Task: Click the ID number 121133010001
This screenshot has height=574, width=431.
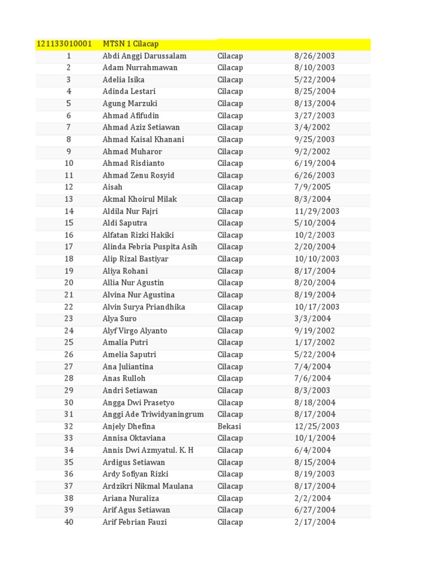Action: [x=64, y=44]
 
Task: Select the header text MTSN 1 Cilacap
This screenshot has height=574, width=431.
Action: [x=131, y=44]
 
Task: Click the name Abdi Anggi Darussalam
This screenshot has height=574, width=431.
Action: [x=144, y=56]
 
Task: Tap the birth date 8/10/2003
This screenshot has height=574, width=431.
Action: [x=314, y=68]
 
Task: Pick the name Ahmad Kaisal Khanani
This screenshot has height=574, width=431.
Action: [x=143, y=140]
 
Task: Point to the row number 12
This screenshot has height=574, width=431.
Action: [x=69, y=187]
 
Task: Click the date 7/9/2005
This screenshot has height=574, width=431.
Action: [x=312, y=187]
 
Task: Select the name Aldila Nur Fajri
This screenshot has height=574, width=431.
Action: [x=130, y=211]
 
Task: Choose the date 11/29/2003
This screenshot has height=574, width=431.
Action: [x=317, y=211]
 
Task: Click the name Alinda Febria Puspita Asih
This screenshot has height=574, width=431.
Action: [x=150, y=247]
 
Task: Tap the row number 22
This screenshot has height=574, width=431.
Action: [x=69, y=307]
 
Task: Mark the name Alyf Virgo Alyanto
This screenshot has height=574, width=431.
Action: [x=135, y=331]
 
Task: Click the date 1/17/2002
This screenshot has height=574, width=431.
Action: [x=314, y=342]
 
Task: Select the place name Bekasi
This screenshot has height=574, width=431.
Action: [x=229, y=427]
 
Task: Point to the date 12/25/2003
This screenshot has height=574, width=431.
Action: [x=317, y=427]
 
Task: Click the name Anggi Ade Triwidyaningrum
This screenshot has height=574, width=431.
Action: [x=153, y=414]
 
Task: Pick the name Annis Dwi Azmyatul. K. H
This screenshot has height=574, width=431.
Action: [x=148, y=450]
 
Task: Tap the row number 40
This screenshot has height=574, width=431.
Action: [x=69, y=522]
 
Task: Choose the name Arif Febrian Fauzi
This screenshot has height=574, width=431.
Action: [x=135, y=522]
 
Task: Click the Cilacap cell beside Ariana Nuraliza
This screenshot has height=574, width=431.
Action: [x=230, y=498]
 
